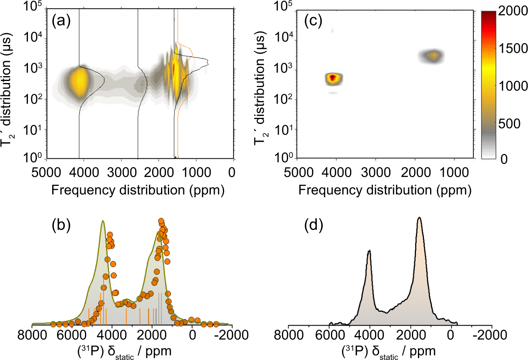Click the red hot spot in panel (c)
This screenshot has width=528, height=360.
click(333, 78)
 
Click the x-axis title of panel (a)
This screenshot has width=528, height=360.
click(138, 190)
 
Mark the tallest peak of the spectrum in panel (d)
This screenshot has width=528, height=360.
click(420, 218)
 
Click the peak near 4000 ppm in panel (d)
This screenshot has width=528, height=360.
click(369, 251)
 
